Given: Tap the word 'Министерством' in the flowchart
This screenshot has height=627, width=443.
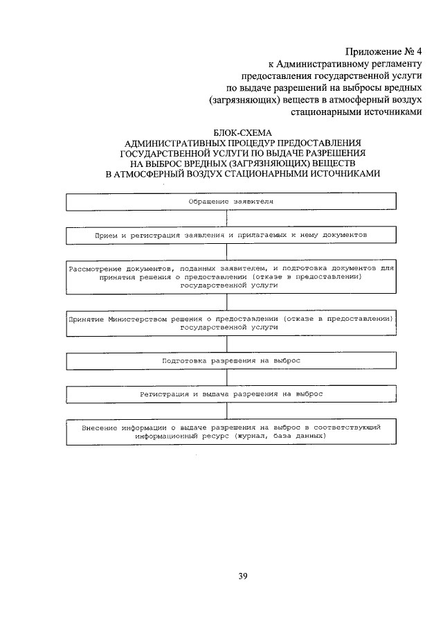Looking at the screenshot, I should click(x=136, y=318).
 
